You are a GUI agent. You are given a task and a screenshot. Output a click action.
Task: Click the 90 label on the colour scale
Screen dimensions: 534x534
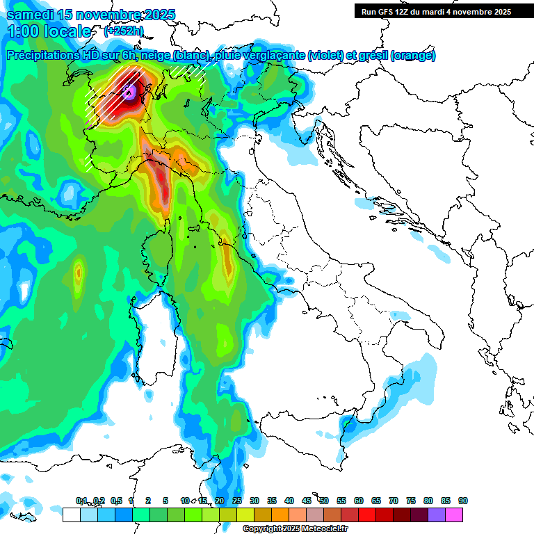tap(462, 501)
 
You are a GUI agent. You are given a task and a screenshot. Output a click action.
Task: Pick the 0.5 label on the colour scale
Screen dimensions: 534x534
tap(115, 501)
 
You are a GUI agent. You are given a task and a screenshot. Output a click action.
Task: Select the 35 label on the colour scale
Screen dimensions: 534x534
tap(272, 501)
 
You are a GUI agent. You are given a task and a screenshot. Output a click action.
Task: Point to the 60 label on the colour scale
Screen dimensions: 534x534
tap(359, 501)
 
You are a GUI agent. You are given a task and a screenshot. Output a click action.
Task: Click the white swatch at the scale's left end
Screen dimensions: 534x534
tap(71, 515)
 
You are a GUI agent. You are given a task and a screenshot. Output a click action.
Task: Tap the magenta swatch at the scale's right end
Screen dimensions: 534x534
tap(454, 515)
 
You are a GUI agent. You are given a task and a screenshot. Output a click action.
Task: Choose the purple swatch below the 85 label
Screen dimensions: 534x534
tap(437, 515)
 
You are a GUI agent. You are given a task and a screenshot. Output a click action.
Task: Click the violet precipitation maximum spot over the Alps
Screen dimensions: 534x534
tap(129, 91)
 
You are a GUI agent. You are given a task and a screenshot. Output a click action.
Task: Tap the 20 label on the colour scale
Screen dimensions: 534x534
tap(220, 501)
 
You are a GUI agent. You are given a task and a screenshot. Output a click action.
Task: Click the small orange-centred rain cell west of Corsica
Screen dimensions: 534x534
tap(78, 271)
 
